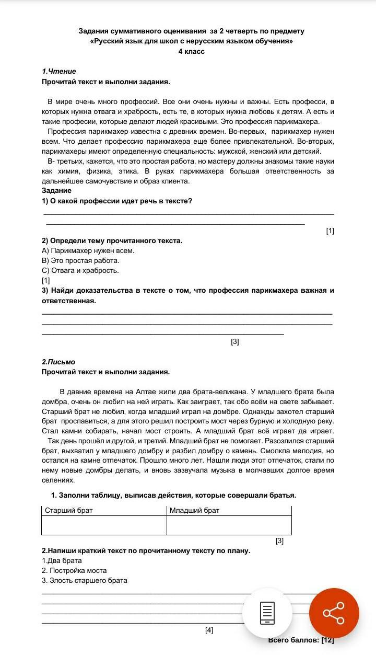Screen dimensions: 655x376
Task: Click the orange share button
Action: point(334,613)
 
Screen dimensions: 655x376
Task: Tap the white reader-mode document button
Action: point(267,613)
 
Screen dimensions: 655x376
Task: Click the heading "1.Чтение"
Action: point(59,71)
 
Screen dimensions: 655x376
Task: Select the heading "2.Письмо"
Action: point(58,362)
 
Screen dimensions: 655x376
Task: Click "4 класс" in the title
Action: point(191,51)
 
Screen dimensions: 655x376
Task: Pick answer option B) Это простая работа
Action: point(80,260)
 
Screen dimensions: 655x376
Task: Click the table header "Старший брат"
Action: point(68,510)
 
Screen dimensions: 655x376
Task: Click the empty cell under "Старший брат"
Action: point(104,525)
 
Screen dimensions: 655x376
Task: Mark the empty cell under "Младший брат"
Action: point(229,525)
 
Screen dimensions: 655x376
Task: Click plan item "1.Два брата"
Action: point(62,560)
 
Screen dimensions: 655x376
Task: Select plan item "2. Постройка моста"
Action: point(74,570)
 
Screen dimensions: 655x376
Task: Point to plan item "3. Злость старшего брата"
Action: point(85,580)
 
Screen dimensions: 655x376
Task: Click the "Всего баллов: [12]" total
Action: point(301,640)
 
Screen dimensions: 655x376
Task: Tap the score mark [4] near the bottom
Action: point(209,630)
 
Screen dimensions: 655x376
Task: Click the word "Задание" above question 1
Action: point(56,191)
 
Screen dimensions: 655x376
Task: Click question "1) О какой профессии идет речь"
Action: point(117,201)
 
